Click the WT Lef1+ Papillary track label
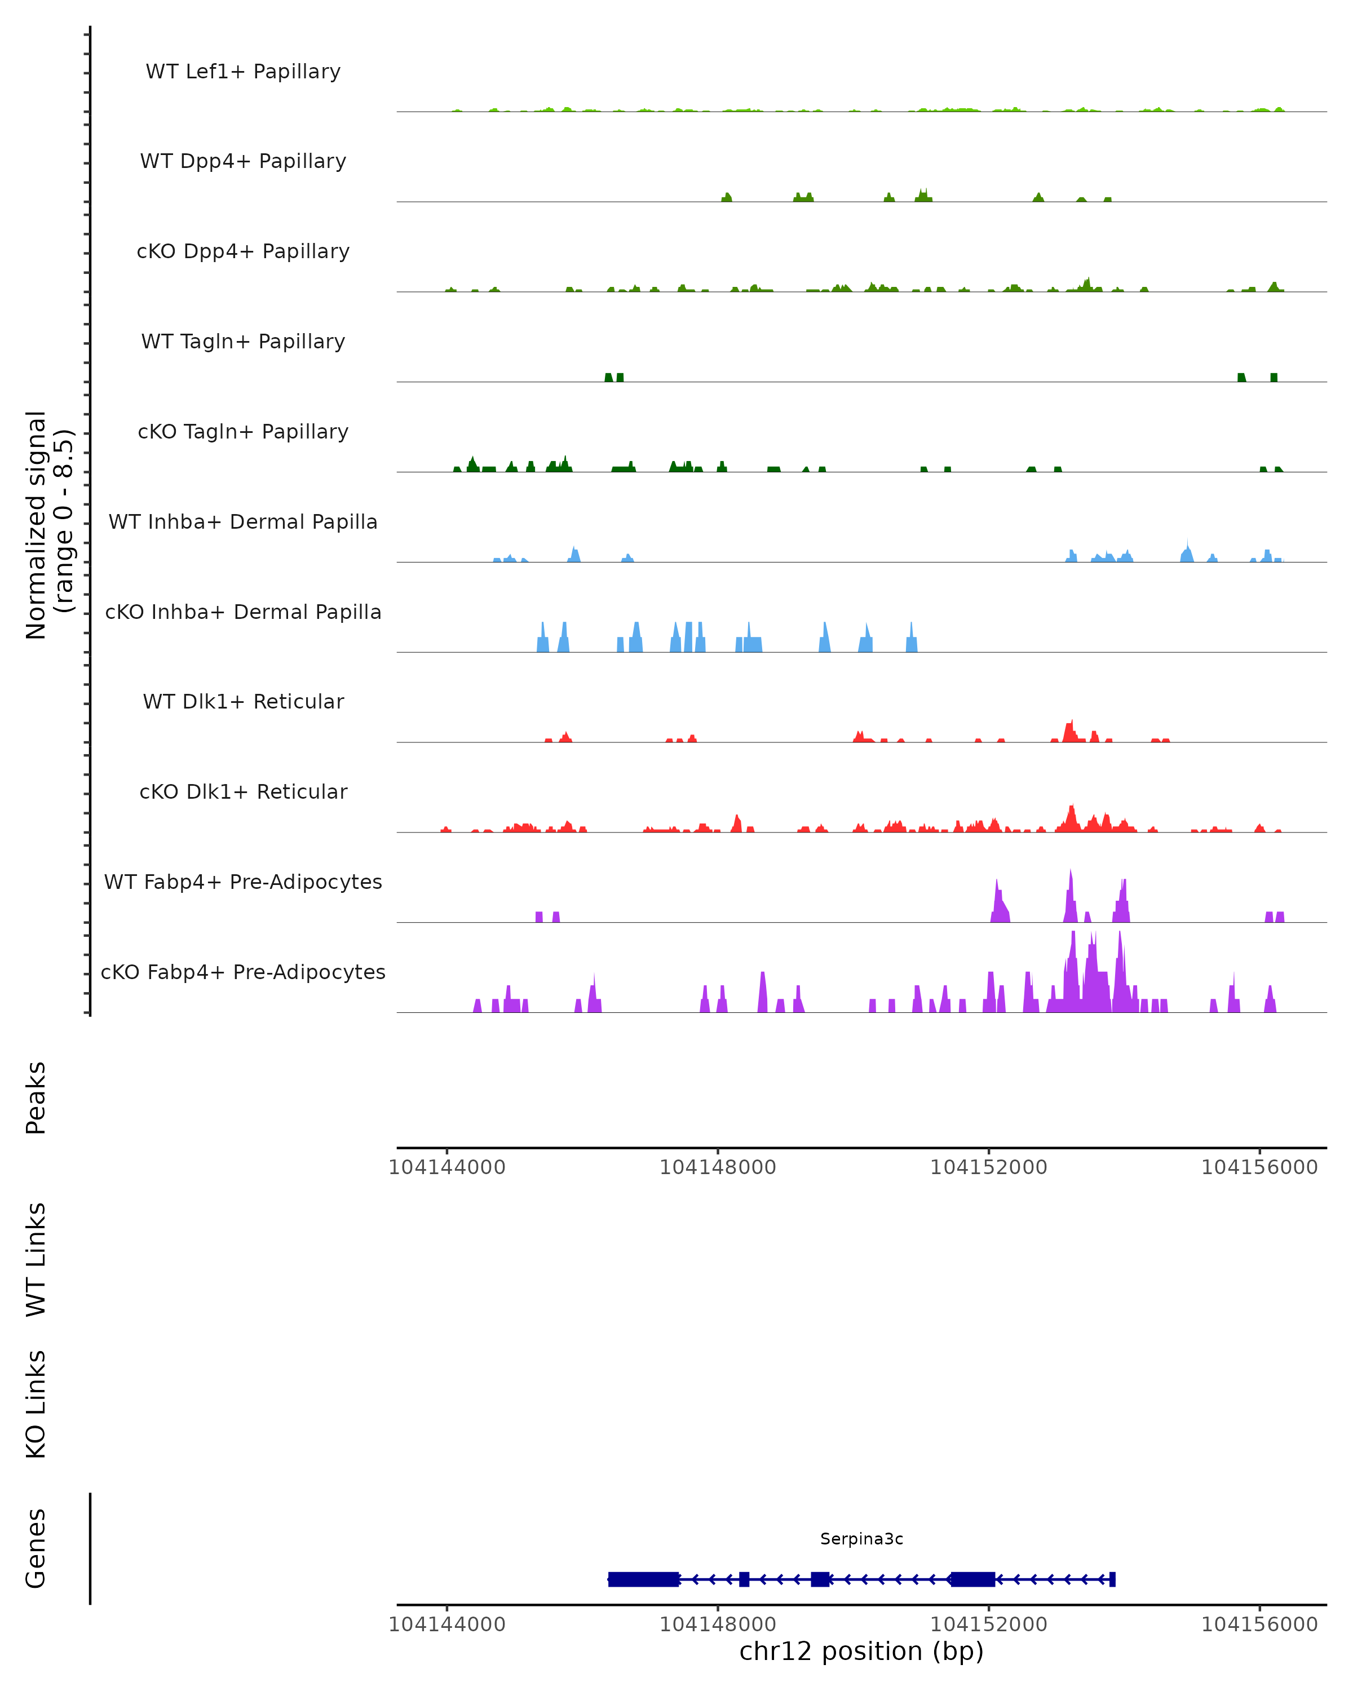click(x=243, y=72)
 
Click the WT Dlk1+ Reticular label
click(x=243, y=701)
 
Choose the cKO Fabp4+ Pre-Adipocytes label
click(x=243, y=972)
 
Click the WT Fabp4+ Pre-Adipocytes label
click(x=243, y=882)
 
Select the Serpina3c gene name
click(x=861, y=1539)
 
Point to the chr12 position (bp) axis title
click(x=861, y=1651)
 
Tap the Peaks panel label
click(x=36, y=1097)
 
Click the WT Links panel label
click(x=36, y=1259)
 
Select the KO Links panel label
click(x=36, y=1404)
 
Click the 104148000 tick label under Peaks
click(x=718, y=1167)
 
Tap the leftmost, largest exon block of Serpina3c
click(x=643, y=1579)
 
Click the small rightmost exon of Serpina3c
click(x=1112, y=1579)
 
